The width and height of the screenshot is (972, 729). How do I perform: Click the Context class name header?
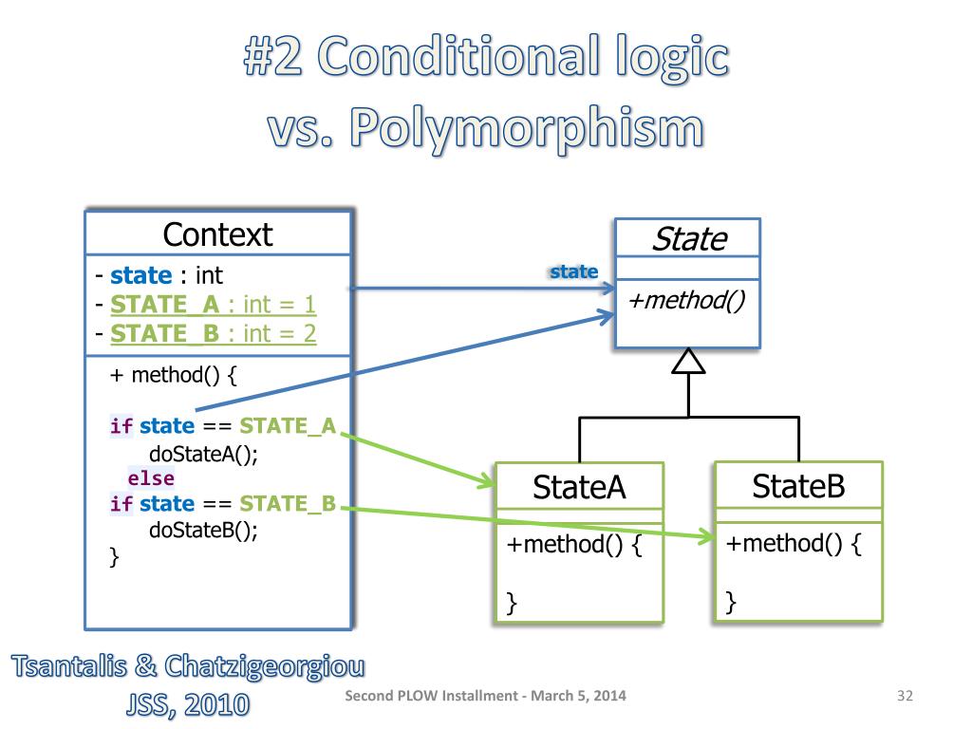[217, 234]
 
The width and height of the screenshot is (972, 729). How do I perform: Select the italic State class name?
[688, 239]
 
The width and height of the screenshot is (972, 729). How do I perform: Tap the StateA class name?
[579, 487]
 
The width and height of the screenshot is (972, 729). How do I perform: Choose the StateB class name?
[798, 487]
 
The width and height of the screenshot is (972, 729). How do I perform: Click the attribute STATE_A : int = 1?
[213, 305]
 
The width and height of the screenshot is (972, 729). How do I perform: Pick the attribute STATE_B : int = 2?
[213, 334]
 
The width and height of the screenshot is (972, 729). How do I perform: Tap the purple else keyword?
[151, 477]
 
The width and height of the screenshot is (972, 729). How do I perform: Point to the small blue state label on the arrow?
[574, 272]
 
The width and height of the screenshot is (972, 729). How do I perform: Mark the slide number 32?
[904, 697]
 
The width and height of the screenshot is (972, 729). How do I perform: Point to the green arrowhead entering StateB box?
[707, 539]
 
